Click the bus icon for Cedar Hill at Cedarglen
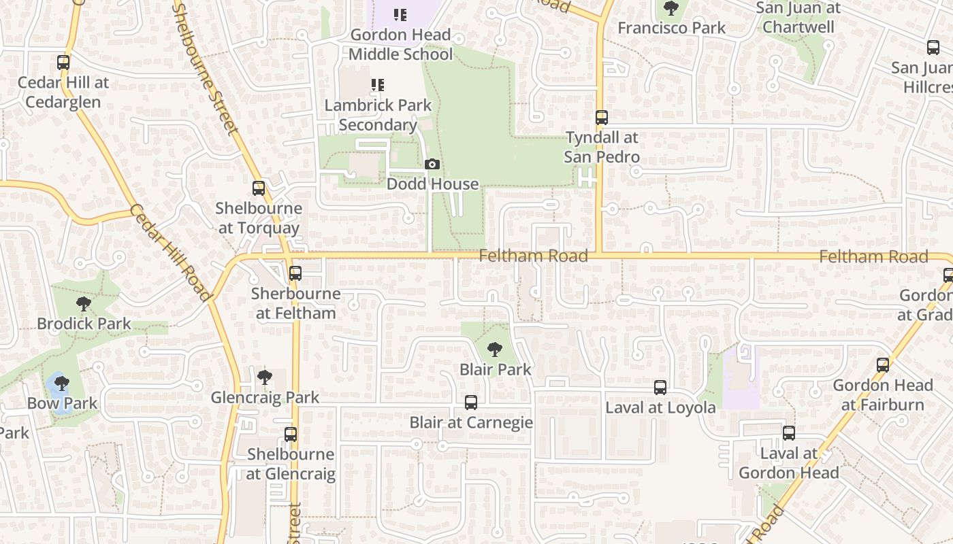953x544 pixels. point(63,63)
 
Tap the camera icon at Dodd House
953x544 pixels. point(432,165)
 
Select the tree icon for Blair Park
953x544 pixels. point(495,350)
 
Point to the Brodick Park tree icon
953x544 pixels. point(84,304)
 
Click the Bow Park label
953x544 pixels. point(63,403)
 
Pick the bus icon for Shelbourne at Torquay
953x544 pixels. point(259,188)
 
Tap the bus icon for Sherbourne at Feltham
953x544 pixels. point(295,273)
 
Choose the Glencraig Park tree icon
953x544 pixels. point(265,377)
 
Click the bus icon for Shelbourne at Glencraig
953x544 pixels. point(291,434)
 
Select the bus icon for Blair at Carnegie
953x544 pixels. point(470,403)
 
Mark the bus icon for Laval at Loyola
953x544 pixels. point(660,388)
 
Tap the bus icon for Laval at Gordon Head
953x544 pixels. point(789,433)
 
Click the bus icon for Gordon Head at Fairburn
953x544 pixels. point(883,365)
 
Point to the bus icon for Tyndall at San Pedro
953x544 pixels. point(602,118)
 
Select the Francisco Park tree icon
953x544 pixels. point(671,9)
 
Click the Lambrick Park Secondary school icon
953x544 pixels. point(377,85)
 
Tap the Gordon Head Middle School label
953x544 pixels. point(400,44)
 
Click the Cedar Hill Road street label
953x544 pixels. point(169,252)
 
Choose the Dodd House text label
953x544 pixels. point(432,184)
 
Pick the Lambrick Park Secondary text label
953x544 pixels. point(378,115)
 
